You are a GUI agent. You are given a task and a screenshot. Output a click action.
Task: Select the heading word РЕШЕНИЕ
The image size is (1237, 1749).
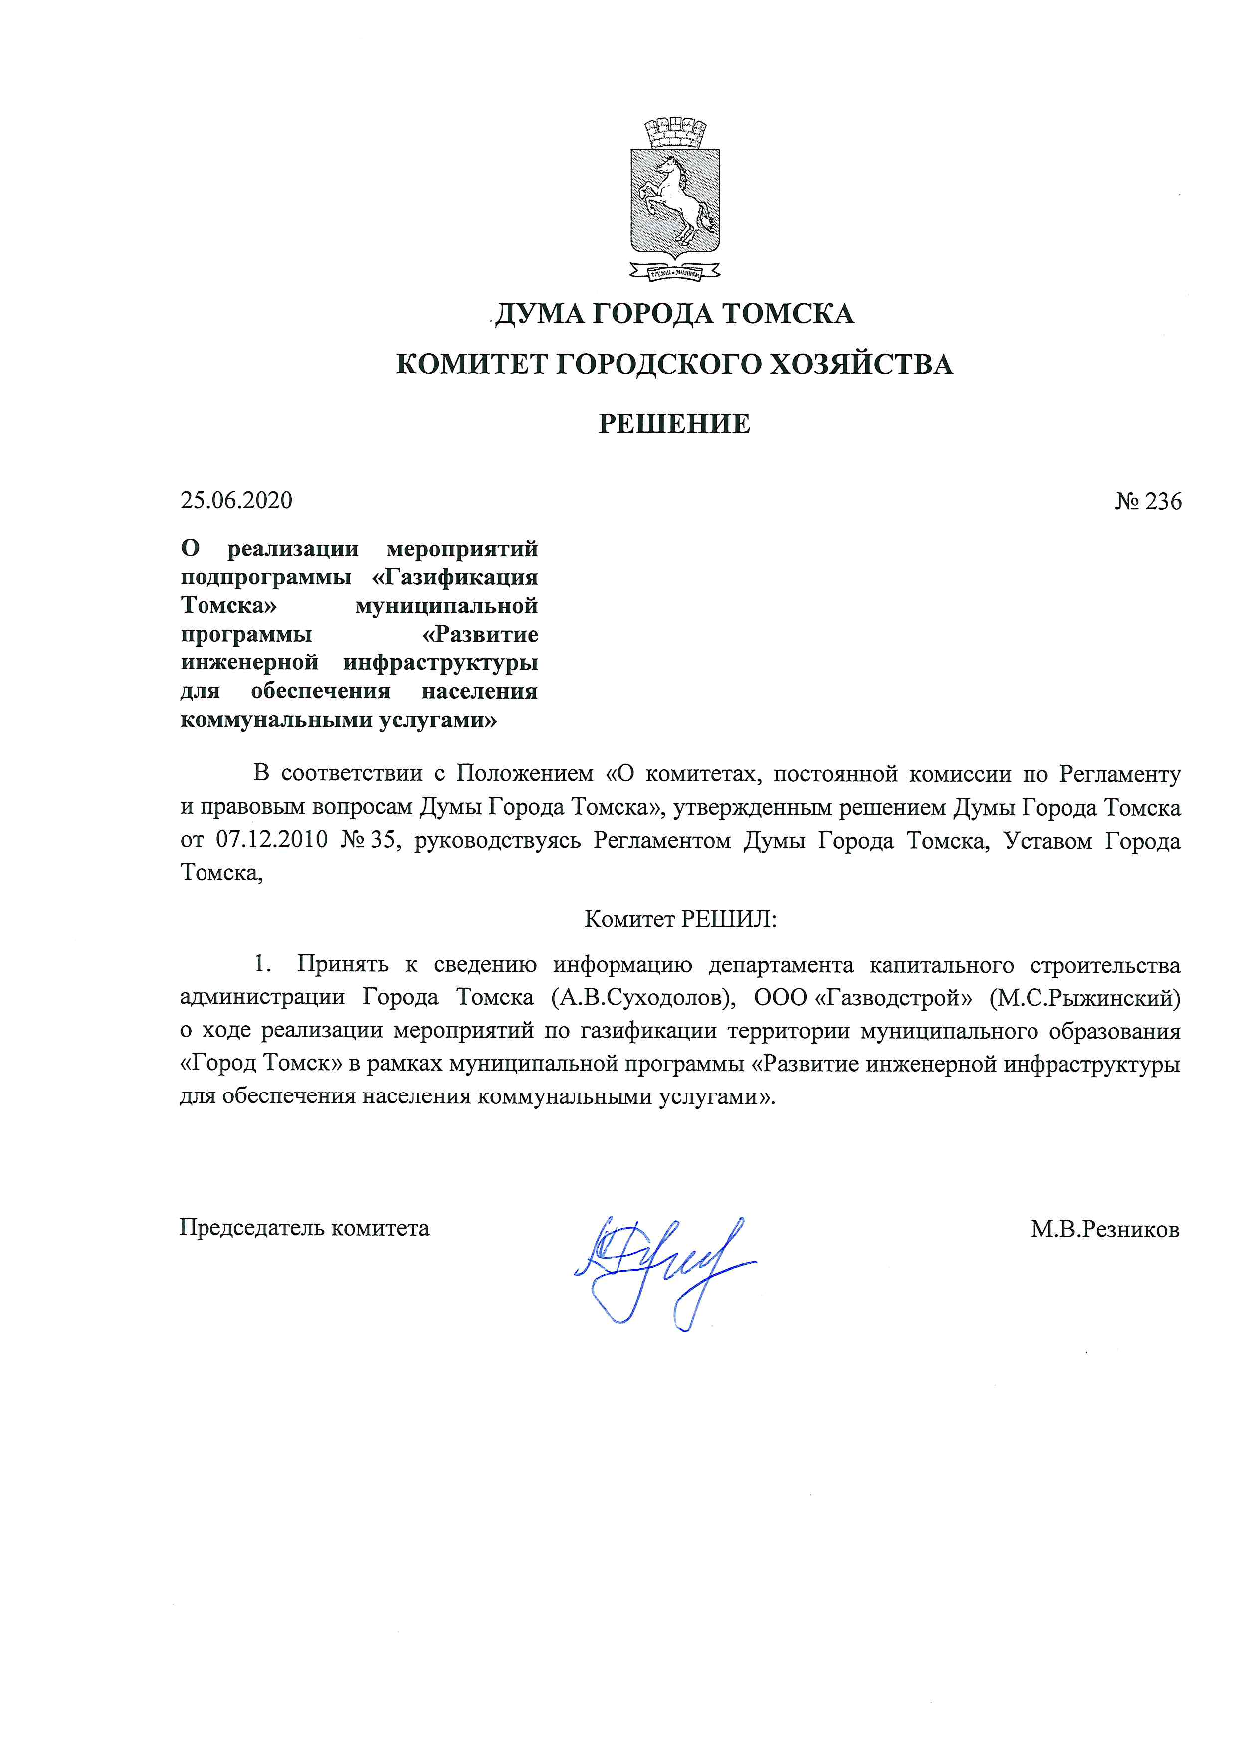[674, 424]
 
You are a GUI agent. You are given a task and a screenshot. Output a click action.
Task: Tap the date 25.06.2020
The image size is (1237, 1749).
[236, 500]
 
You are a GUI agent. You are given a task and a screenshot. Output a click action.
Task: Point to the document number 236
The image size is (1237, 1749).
[1162, 501]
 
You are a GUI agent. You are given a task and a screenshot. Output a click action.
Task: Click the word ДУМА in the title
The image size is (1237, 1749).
[540, 314]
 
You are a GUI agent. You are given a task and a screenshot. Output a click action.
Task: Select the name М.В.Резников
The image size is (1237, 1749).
[1105, 1229]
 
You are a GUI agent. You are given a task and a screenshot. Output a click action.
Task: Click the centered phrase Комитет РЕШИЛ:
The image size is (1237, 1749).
[679, 919]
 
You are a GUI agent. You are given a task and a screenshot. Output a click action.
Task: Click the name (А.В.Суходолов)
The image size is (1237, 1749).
[643, 997]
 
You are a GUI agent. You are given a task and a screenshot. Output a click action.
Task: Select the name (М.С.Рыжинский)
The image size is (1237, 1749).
[1084, 997]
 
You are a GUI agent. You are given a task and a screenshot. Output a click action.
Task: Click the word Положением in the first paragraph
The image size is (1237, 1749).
[525, 774]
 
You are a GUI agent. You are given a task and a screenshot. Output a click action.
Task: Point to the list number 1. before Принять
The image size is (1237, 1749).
[262, 964]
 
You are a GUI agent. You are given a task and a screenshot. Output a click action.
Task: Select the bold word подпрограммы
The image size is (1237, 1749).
[265, 577]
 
